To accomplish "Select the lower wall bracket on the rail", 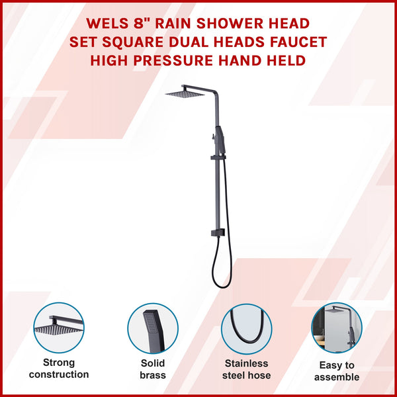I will pos(214,233).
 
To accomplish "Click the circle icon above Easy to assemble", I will pos(337,329).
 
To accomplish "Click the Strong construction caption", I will pos(59,369).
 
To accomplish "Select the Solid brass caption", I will pos(152,369).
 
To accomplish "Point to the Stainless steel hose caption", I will pos(246,369).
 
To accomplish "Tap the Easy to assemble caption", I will pos(337,371).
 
